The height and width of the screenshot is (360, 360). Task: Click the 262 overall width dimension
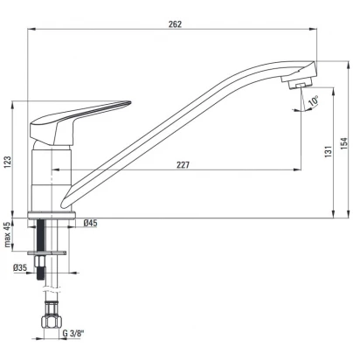(x=175, y=24)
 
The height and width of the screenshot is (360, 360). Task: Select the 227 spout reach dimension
(x=183, y=165)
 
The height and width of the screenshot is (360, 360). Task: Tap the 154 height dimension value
(x=344, y=143)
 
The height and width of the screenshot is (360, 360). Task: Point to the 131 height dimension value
(x=328, y=152)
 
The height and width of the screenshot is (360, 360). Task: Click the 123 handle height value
(x=7, y=163)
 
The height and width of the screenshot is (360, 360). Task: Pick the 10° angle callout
(x=313, y=101)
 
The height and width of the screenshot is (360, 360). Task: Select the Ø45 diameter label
(x=90, y=224)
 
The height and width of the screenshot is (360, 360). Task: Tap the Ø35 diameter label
(x=20, y=267)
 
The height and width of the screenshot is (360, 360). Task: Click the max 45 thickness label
(x=7, y=234)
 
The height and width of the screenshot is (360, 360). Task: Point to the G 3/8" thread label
(x=73, y=334)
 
